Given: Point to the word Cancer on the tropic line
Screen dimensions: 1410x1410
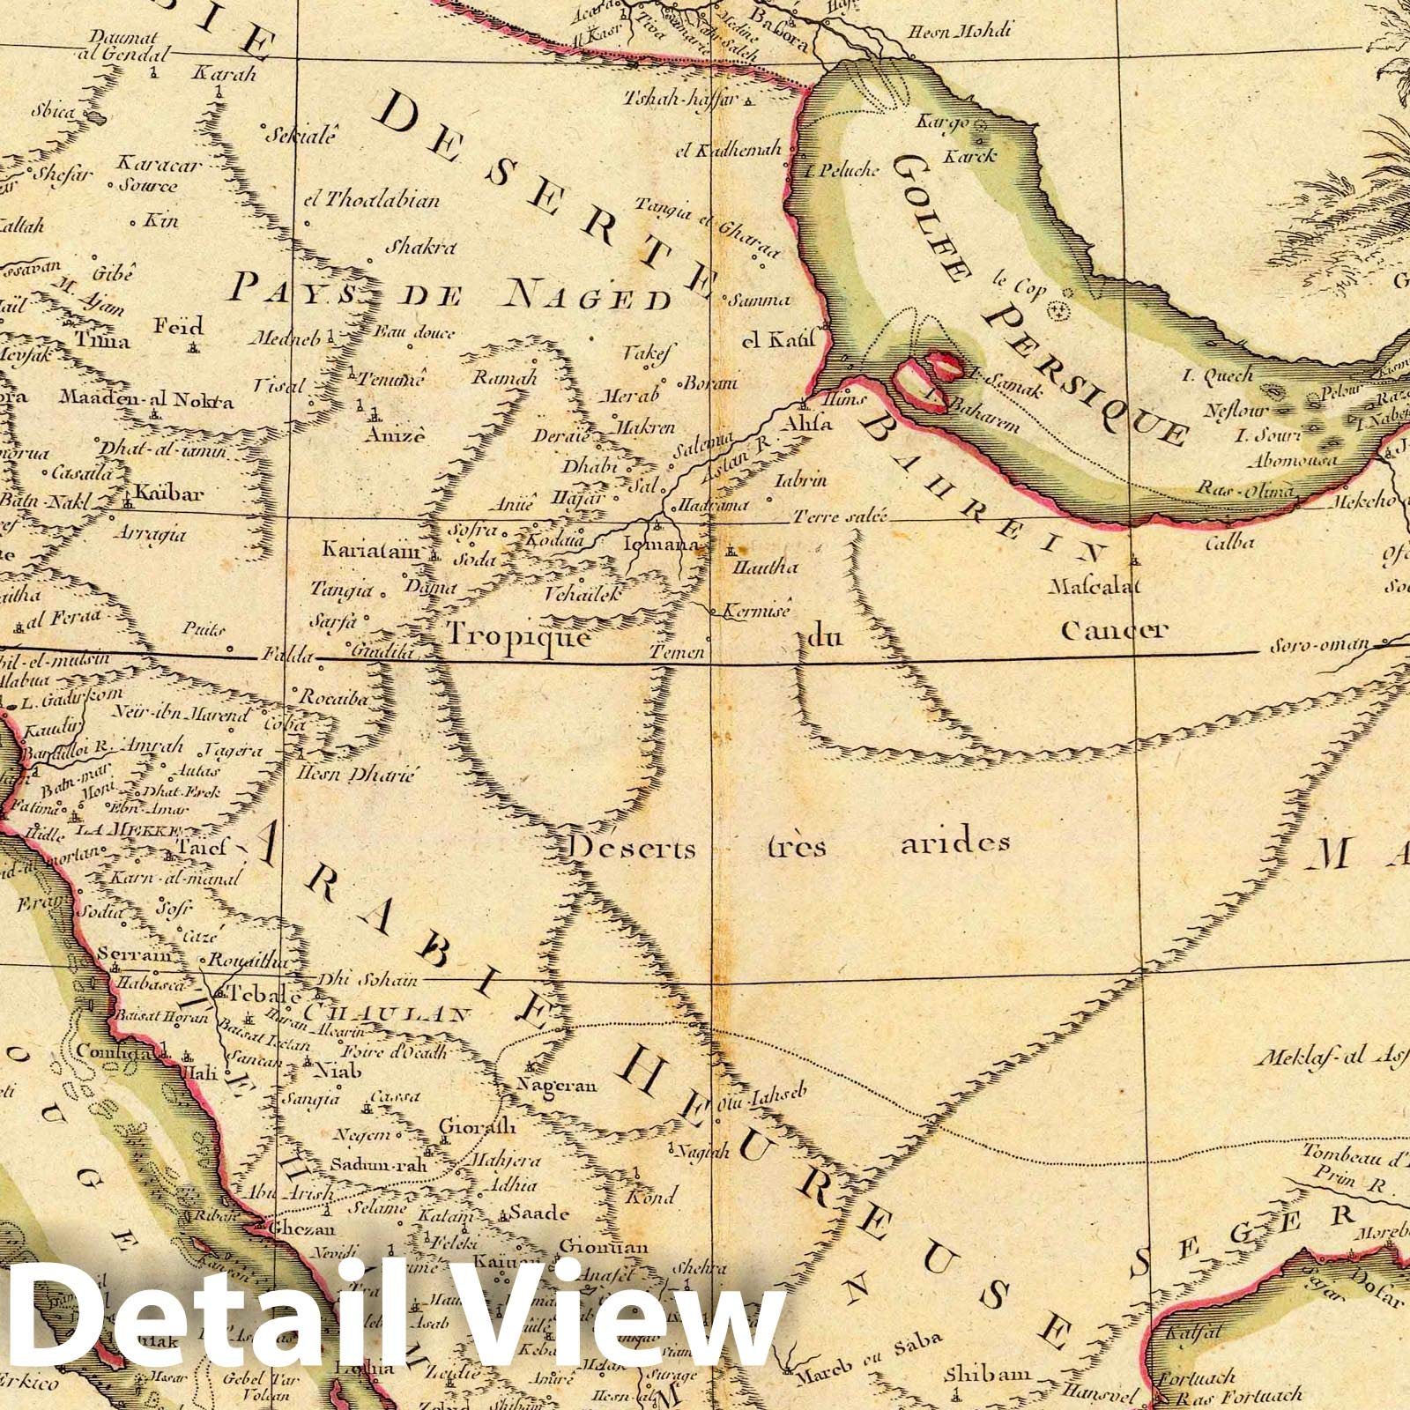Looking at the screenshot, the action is tap(1114, 630).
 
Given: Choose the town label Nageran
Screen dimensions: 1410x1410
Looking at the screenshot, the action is tap(557, 1085).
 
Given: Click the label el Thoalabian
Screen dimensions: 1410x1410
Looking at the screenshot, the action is tap(370, 200).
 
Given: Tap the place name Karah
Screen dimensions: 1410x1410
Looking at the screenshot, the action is tap(223, 74).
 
